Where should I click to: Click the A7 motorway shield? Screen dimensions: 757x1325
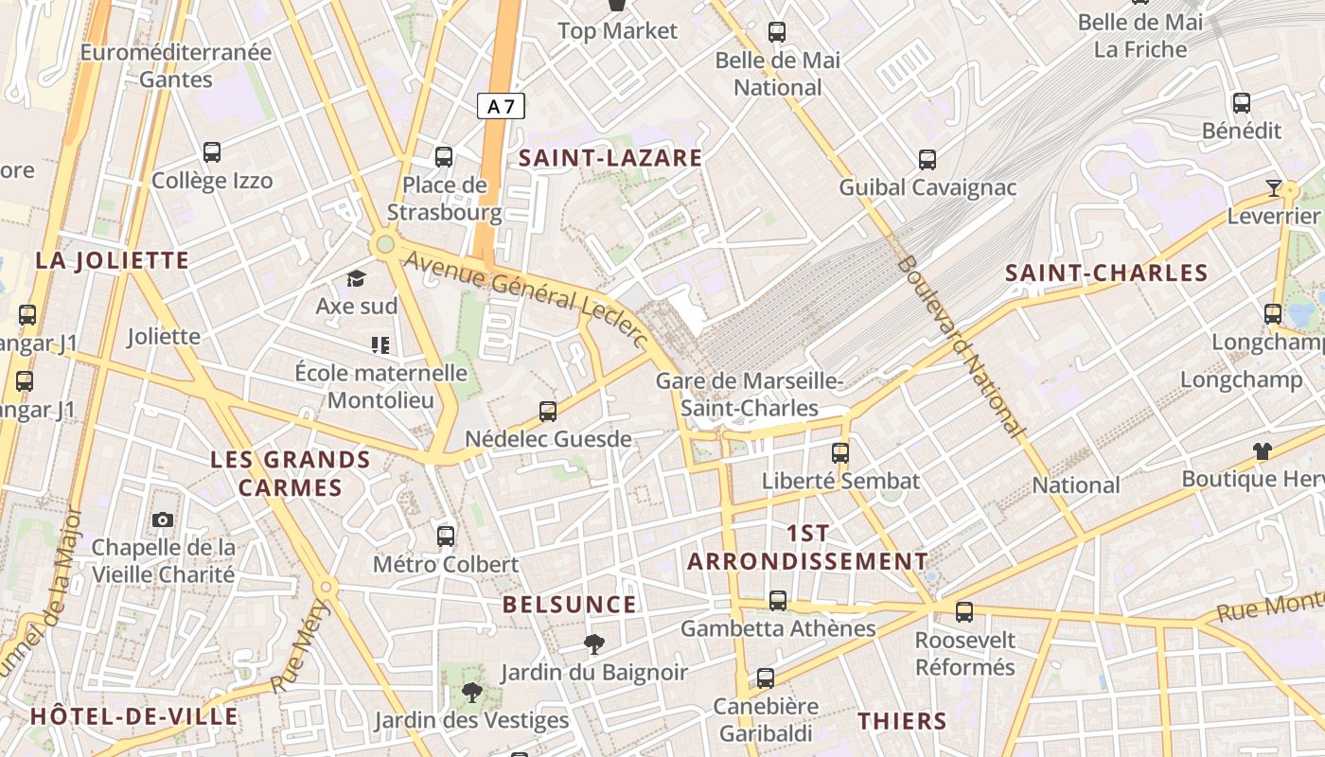click(501, 106)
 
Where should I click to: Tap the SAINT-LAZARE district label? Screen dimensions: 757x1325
click(610, 158)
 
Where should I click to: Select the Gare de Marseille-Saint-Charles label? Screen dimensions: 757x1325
click(750, 395)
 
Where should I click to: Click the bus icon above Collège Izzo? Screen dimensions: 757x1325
click(212, 151)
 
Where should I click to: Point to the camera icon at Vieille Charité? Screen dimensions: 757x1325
click(163, 519)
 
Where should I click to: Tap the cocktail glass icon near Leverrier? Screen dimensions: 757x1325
click(1274, 188)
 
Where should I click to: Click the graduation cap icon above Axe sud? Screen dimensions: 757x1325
click(356, 278)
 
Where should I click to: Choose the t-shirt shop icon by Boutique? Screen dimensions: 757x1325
click(1262, 451)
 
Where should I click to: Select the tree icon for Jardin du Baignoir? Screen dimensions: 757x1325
click(594, 644)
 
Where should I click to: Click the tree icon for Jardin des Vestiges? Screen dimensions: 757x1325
click(471, 693)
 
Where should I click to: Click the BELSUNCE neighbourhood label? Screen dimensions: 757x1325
click(569, 605)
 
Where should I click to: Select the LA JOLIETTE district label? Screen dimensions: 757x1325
click(113, 260)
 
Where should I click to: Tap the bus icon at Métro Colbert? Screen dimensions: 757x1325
click(446, 537)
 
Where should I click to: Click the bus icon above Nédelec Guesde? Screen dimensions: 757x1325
click(548, 412)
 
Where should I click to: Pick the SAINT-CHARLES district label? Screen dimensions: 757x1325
click(1106, 273)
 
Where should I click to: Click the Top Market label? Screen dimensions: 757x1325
click(618, 31)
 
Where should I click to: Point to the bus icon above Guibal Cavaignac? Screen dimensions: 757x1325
click(927, 160)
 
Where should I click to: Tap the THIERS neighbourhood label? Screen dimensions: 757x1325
click(902, 721)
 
